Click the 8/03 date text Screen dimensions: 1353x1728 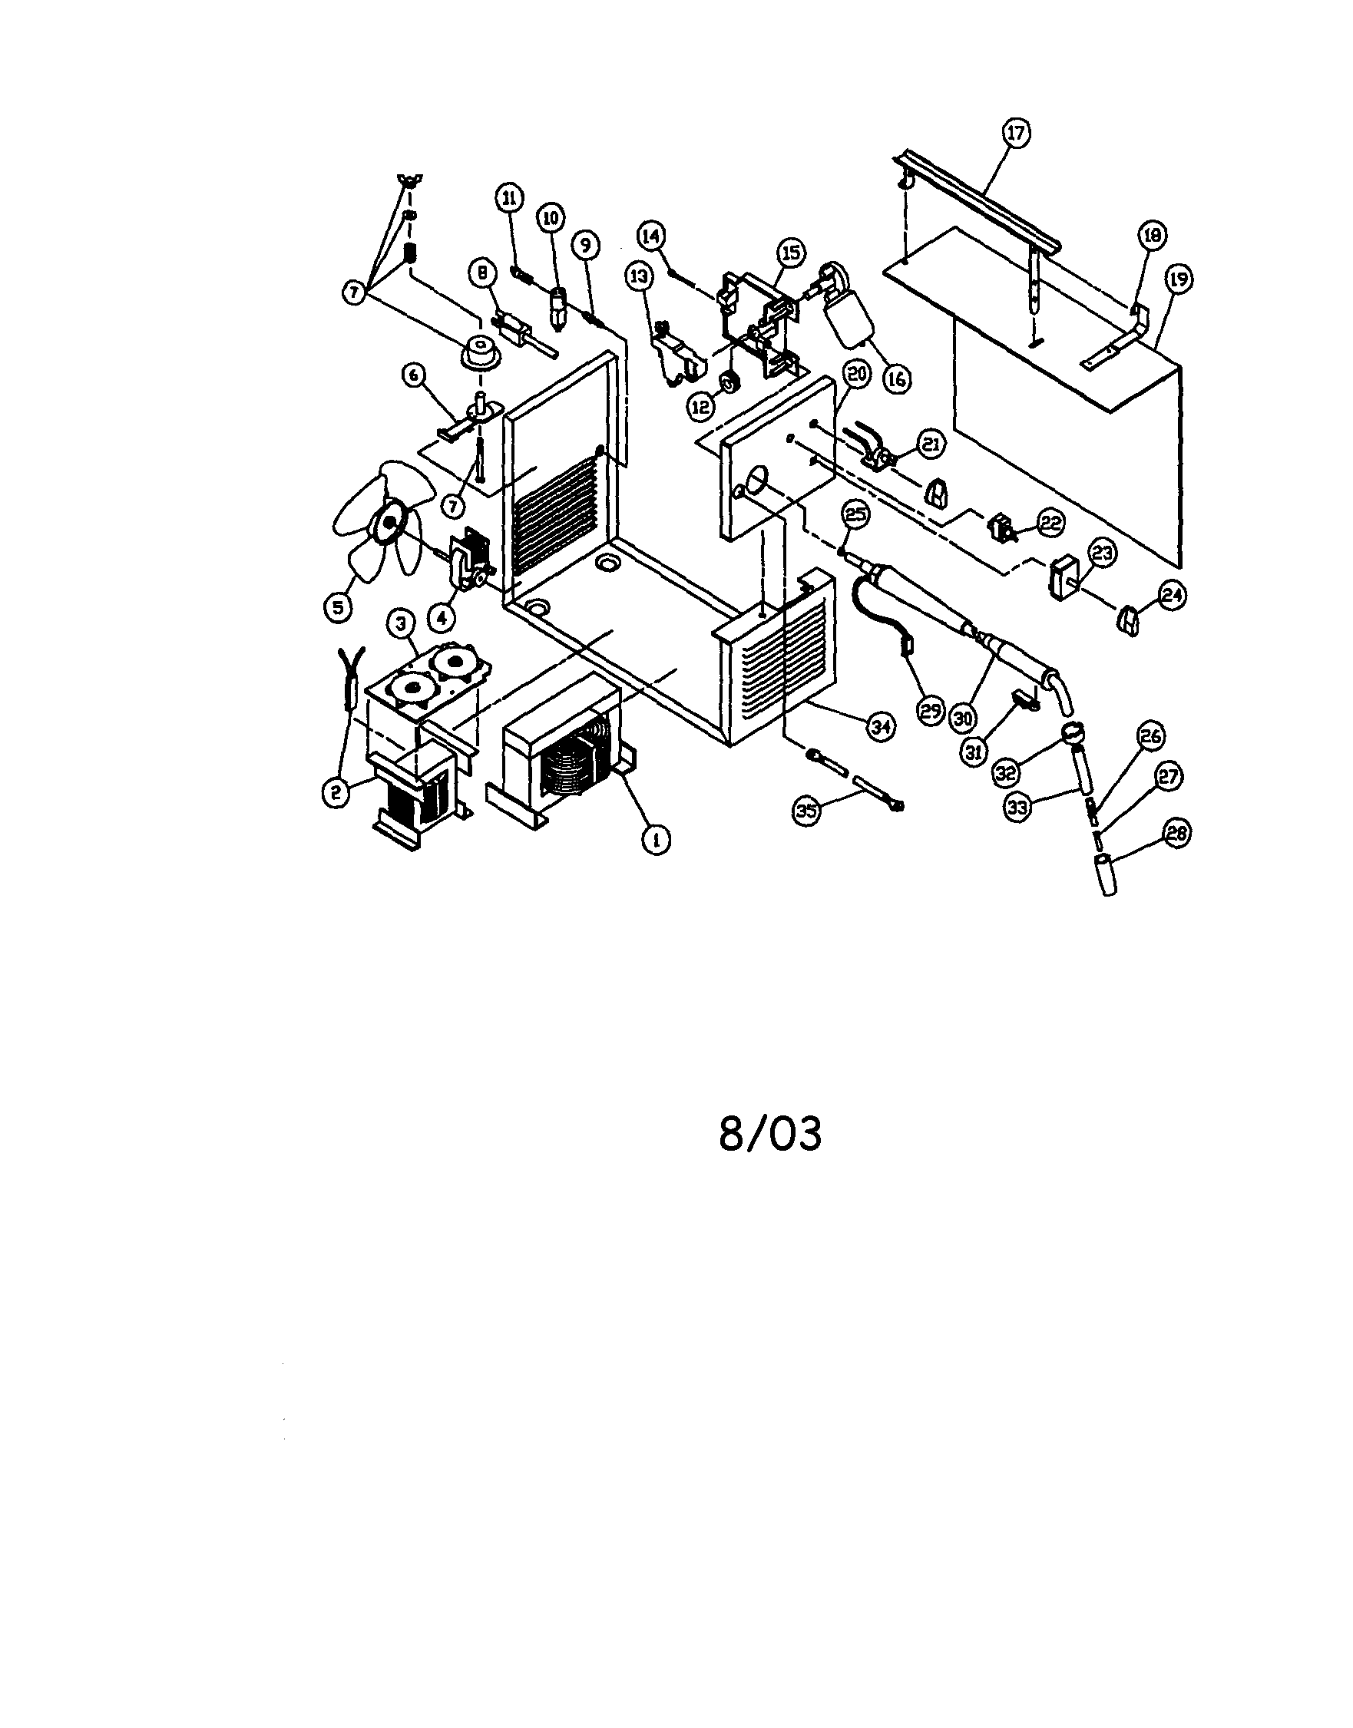tap(770, 1134)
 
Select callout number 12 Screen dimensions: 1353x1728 tap(700, 407)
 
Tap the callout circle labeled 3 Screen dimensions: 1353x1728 tap(401, 624)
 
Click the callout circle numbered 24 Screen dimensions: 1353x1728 tap(1173, 596)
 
